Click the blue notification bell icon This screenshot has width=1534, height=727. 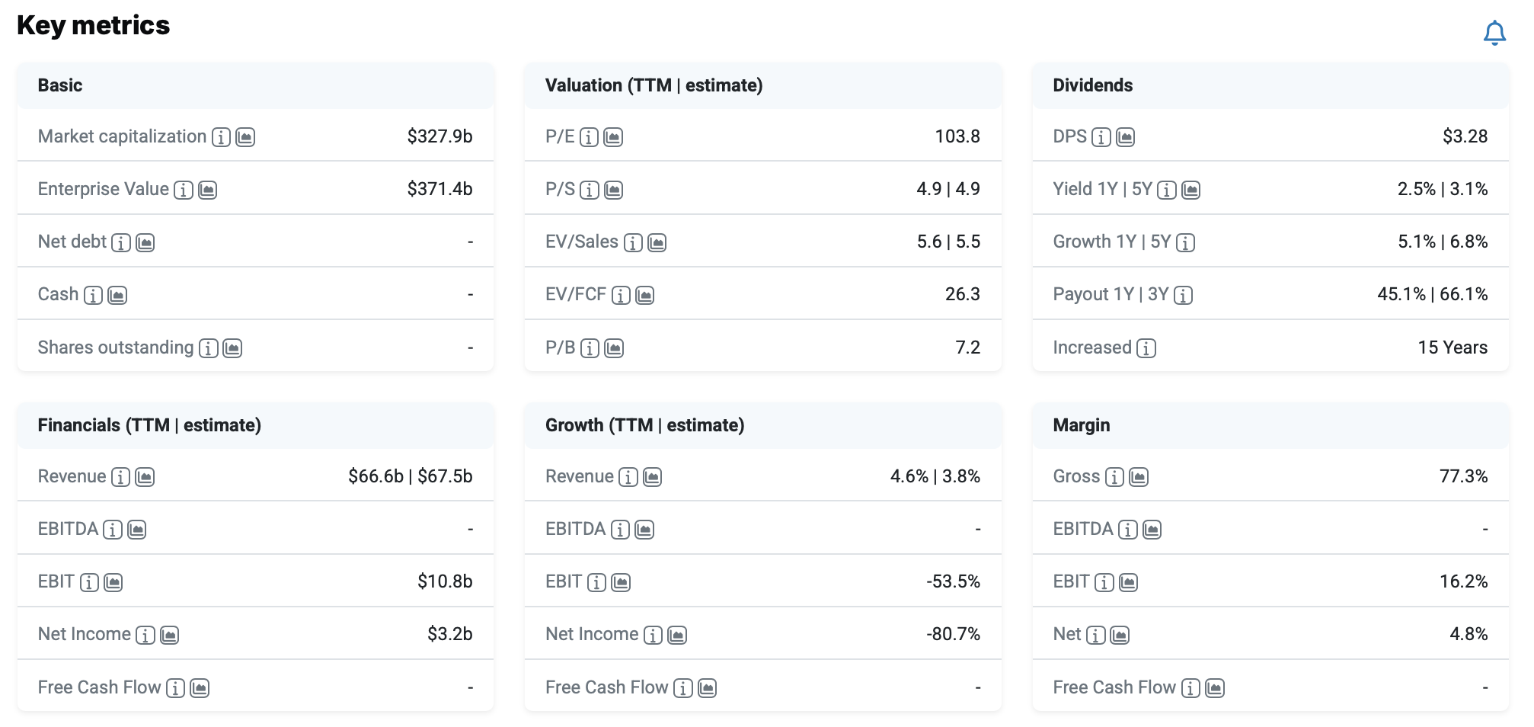coord(1494,33)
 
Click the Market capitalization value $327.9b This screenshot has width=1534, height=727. coord(439,136)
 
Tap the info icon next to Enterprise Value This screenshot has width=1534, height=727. coord(184,190)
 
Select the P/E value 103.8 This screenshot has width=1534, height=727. coord(957,136)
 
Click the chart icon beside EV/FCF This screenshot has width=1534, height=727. coord(645,295)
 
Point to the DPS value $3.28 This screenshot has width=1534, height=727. coord(1465,136)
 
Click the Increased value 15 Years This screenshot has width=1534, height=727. coord(1453,347)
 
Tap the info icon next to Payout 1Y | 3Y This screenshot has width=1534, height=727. coord(1183,295)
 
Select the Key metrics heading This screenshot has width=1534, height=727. coord(93,25)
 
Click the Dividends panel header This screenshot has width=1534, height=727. coord(1092,85)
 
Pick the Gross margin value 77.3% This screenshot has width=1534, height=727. coord(1463,476)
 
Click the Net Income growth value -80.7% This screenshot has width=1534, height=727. coord(953,634)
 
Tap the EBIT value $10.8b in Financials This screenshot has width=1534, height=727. coord(445,581)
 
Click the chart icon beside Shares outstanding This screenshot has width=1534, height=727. coord(232,348)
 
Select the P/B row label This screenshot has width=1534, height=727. coord(560,347)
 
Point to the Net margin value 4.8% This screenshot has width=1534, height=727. coord(1468,634)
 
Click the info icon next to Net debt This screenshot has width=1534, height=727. coord(121,242)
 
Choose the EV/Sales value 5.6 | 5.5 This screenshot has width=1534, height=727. coord(948,242)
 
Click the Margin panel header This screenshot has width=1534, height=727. coord(1081,425)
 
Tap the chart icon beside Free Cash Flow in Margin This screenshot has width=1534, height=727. coord(1215,688)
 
